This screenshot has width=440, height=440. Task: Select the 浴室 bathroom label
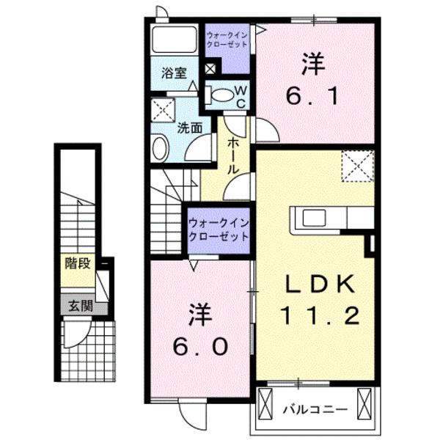(x=174, y=73)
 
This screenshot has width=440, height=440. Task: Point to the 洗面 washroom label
(x=189, y=126)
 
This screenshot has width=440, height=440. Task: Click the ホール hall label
(x=233, y=155)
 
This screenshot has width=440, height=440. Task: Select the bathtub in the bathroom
(x=175, y=41)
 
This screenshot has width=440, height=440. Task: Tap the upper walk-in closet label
(x=227, y=39)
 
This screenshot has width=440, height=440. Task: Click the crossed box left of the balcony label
(x=266, y=403)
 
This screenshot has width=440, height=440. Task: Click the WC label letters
(x=239, y=96)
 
